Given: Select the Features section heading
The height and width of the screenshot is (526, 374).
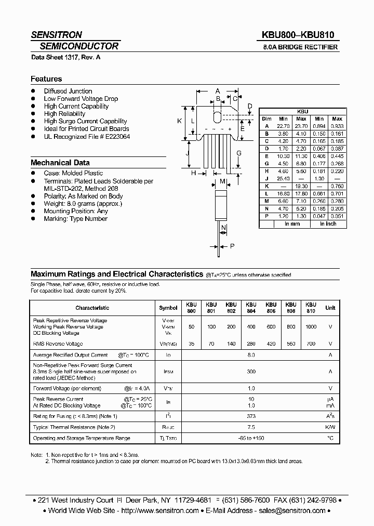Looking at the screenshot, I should [x=46, y=79].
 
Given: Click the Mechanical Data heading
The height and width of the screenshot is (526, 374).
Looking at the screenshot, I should [x=60, y=163].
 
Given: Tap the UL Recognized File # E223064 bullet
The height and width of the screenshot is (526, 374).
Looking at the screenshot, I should [x=87, y=136].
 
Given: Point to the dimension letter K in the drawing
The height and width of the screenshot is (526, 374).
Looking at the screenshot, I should [x=179, y=121].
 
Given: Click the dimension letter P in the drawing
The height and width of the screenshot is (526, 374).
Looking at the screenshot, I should [x=232, y=246].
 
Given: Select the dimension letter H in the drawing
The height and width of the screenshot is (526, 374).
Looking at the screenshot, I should [x=193, y=173].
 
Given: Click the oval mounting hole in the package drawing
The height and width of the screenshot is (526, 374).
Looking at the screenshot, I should [x=218, y=116].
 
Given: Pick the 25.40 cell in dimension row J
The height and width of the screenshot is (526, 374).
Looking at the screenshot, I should [x=283, y=178].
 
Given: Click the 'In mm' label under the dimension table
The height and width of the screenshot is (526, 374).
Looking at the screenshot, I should [x=292, y=224].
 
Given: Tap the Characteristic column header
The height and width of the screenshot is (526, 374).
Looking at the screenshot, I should [x=92, y=308].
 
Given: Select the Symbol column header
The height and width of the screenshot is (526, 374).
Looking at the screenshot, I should [x=168, y=308].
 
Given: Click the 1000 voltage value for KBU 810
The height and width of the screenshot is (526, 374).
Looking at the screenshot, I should [x=311, y=327].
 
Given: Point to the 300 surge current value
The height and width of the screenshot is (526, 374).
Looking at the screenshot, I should [x=251, y=372].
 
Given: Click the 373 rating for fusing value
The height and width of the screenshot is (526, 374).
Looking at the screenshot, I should [x=251, y=416].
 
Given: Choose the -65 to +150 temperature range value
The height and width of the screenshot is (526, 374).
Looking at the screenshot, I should [x=251, y=438].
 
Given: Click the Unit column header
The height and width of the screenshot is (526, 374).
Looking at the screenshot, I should [x=330, y=308].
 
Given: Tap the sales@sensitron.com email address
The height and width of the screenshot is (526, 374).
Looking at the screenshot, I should [x=292, y=510].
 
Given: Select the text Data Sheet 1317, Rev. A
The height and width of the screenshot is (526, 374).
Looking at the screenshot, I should [x=65, y=57].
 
